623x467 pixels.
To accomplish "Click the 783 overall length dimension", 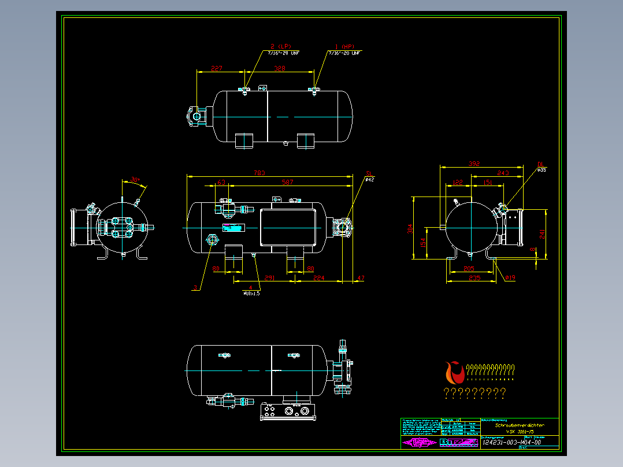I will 259,173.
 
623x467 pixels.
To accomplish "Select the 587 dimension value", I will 287,183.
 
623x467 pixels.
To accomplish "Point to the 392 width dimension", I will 474,164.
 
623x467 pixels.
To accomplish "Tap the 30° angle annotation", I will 135,180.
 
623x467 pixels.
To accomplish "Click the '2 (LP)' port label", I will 282,46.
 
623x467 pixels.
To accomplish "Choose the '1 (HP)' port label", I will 344,46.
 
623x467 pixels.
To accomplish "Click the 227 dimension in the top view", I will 216,69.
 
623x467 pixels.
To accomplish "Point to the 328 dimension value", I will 280,69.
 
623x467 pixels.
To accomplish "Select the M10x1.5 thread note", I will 251,293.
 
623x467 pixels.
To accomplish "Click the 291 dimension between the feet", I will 269,278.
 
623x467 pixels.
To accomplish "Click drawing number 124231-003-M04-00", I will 511,442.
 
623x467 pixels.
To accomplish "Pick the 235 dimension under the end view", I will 474,278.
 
